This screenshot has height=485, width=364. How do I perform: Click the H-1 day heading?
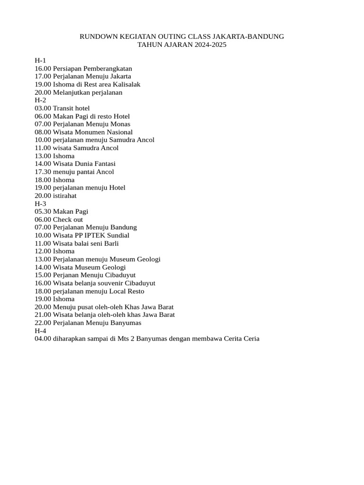(x=40, y=61)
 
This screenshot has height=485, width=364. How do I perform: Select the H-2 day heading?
(x=40, y=100)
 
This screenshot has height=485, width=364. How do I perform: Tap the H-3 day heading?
(x=40, y=204)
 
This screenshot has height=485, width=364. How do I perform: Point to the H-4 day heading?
(x=40, y=331)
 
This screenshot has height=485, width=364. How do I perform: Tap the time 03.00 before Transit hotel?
(x=43, y=108)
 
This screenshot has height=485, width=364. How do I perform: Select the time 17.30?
(x=43, y=172)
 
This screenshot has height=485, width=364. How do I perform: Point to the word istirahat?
(x=64, y=196)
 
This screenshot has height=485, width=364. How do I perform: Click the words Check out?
(x=68, y=220)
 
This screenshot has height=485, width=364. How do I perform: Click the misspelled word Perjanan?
(x=66, y=275)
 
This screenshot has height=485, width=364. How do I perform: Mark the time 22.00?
(x=43, y=323)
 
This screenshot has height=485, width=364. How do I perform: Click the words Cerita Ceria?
(x=239, y=339)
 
